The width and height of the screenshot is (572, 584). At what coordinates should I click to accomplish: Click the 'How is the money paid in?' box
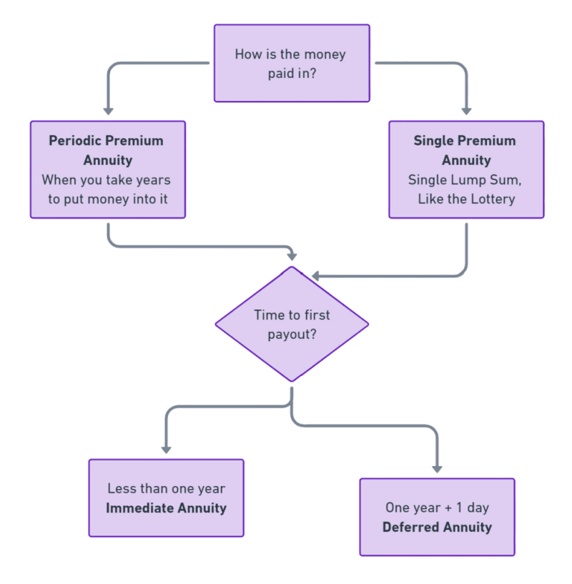(x=292, y=63)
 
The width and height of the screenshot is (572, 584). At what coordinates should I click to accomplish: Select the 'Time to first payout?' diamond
(x=292, y=324)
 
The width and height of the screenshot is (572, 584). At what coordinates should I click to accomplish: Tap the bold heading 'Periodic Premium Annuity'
(x=106, y=150)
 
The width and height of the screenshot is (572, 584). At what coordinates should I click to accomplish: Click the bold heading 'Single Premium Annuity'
(x=465, y=150)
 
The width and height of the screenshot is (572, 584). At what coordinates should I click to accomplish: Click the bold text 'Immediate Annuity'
(x=166, y=508)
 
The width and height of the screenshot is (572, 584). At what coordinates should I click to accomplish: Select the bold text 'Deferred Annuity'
(x=437, y=528)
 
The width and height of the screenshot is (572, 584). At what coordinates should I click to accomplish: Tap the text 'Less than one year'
(x=166, y=489)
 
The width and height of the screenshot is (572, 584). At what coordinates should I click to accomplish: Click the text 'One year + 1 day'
(x=437, y=508)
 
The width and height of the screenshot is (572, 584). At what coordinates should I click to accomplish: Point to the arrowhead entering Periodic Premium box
(x=108, y=110)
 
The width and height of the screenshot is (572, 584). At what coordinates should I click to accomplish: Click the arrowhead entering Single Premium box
(x=466, y=110)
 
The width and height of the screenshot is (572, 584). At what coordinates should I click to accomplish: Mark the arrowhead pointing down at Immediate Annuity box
(x=166, y=449)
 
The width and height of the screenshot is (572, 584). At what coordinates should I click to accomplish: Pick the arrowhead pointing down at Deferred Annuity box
(x=437, y=468)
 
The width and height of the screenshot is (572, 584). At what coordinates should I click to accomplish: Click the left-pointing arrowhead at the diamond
(x=315, y=275)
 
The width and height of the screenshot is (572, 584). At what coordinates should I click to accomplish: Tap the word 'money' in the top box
(x=325, y=54)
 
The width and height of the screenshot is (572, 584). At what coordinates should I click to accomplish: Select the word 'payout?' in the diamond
(x=292, y=333)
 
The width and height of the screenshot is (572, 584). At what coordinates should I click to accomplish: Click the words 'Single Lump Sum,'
(x=465, y=179)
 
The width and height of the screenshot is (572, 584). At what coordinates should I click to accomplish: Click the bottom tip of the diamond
(x=292, y=381)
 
